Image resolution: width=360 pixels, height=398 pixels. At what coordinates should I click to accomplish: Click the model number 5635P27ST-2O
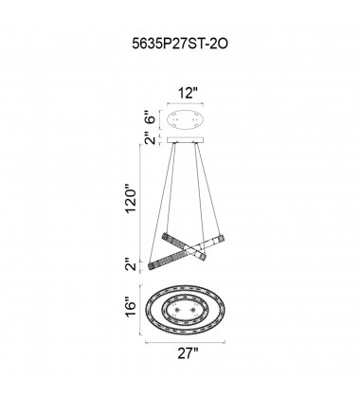click(180, 44)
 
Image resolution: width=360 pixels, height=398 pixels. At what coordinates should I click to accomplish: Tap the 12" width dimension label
click(187, 93)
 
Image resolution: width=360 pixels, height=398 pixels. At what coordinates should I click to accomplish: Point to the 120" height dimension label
click(132, 198)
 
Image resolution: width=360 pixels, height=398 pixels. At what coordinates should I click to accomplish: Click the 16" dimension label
click(130, 306)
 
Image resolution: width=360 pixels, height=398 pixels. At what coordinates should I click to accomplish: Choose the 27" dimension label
click(188, 353)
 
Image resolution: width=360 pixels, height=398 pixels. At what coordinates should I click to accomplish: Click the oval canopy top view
click(186, 119)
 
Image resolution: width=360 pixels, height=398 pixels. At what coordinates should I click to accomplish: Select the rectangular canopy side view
click(186, 140)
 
